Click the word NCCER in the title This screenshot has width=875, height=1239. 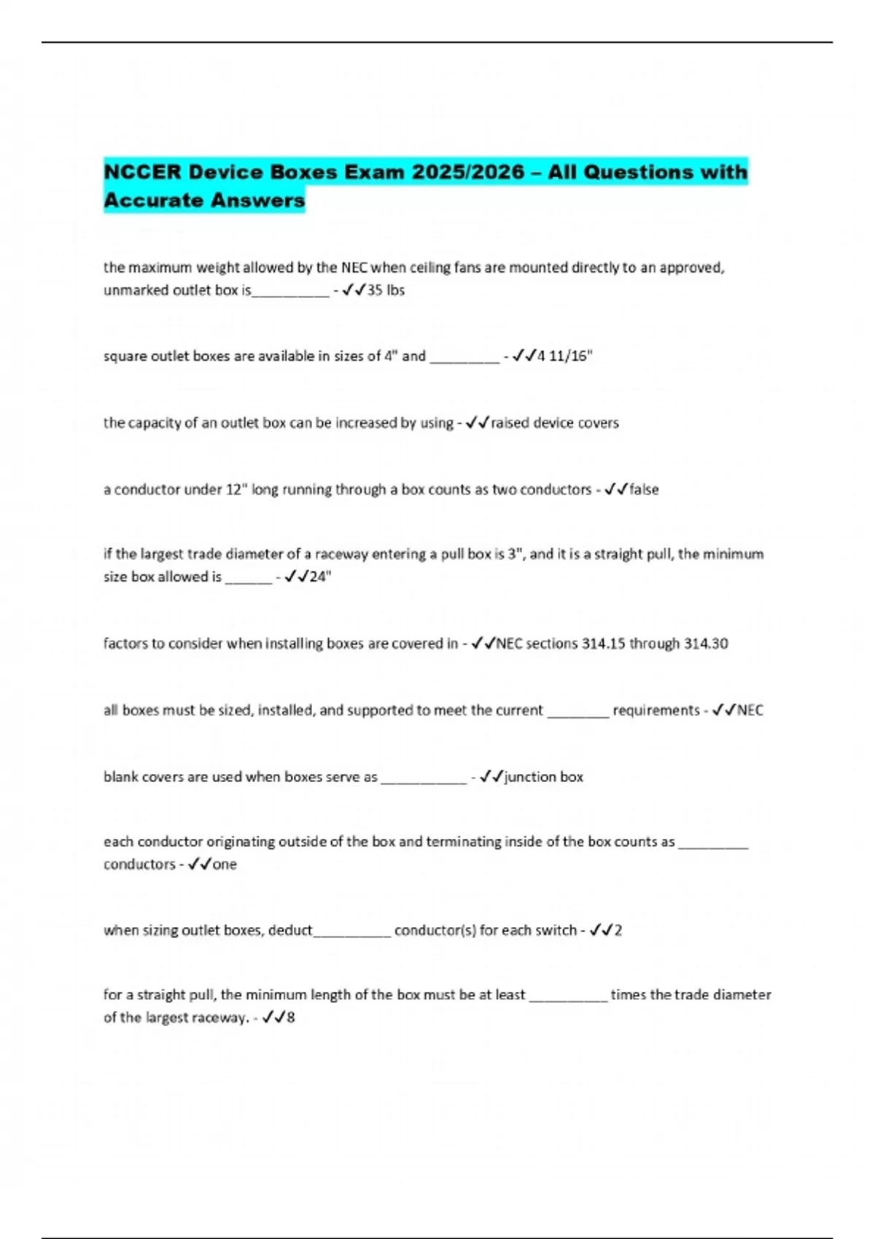[x=142, y=172]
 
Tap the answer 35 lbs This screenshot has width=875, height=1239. [x=386, y=290]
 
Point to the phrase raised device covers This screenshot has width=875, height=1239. [x=554, y=423]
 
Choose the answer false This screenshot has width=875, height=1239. [x=644, y=490]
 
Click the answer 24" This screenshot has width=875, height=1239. [x=320, y=576]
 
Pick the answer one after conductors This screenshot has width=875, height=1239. [x=225, y=864]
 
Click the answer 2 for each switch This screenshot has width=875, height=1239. [x=618, y=931]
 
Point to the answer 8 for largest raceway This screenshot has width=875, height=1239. [x=291, y=1017]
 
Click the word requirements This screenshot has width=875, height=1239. [x=656, y=711]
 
